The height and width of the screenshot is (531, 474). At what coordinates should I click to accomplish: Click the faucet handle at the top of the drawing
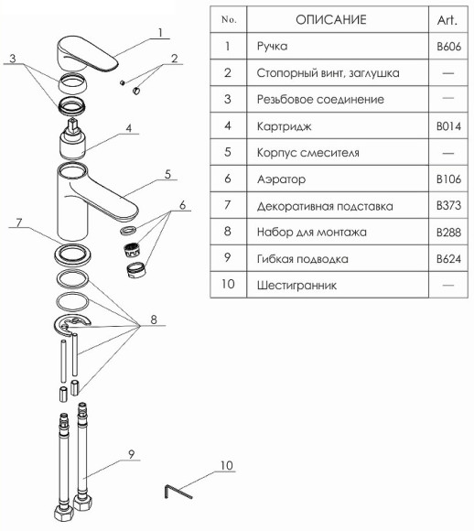[x=87, y=53]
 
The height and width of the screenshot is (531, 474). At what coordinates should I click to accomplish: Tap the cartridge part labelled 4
[x=73, y=139]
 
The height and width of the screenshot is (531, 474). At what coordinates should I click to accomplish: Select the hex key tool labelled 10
[x=178, y=491]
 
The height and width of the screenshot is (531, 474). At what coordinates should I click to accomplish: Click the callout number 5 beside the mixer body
[x=168, y=174]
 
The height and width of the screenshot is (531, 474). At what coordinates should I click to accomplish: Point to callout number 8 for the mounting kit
[x=154, y=320]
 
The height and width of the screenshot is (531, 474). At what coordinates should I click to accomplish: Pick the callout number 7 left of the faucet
[x=19, y=222]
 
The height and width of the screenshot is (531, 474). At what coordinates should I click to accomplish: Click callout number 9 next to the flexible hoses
[x=132, y=454]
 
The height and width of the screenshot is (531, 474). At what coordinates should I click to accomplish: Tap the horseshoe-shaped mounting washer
[x=71, y=324]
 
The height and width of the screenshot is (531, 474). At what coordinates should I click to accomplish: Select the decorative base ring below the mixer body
[x=72, y=253]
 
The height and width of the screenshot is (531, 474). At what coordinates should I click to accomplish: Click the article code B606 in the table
[x=448, y=46]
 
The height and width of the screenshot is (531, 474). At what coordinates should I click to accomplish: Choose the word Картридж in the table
[x=284, y=126]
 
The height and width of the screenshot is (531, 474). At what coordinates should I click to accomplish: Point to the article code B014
[x=448, y=126]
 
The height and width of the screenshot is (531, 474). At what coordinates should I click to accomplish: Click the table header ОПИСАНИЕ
[x=331, y=19]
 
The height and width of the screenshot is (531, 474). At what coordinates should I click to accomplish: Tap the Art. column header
[x=447, y=20]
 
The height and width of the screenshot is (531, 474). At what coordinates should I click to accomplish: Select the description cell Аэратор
[x=281, y=179]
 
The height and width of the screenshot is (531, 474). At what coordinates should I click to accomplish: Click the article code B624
[x=448, y=259]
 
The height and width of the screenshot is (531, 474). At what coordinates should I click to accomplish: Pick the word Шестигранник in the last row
[x=296, y=285]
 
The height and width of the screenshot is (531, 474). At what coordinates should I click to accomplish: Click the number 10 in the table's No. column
[x=228, y=284]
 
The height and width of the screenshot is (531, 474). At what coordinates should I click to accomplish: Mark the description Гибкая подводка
[x=303, y=259]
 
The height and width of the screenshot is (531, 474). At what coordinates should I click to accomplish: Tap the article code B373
[x=448, y=206]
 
